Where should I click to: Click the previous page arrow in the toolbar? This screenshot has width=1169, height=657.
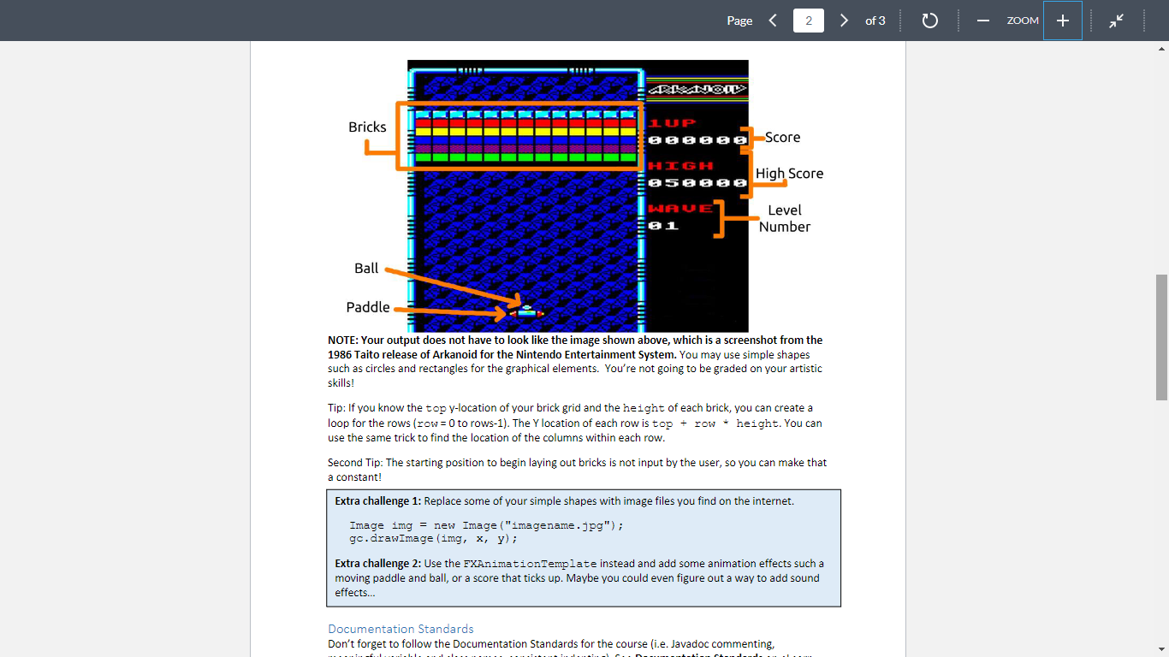(x=773, y=21)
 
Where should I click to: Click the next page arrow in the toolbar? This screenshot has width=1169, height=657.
(x=844, y=21)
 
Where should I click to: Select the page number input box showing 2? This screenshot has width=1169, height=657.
(x=808, y=21)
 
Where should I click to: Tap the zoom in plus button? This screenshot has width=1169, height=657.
(x=1063, y=21)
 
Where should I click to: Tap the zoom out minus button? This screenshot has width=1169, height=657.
(x=983, y=21)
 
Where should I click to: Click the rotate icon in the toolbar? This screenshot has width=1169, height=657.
(x=930, y=21)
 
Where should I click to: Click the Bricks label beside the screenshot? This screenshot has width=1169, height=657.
(x=367, y=127)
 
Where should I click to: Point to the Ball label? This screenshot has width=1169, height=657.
(x=366, y=269)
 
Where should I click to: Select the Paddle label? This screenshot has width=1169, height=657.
(x=368, y=307)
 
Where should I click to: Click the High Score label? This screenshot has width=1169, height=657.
(x=789, y=174)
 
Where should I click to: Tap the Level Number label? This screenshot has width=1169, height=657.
(x=785, y=218)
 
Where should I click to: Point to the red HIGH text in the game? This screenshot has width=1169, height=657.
(x=680, y=165)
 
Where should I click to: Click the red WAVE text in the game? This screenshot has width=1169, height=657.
(x=680, y=208)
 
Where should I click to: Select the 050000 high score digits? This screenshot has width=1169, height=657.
(x=697, y=182)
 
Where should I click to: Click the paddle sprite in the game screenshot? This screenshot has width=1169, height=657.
(x=526, y=314)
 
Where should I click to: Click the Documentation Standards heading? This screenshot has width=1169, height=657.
(x=401, y=629)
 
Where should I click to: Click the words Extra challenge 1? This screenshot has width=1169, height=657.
(x=377, y=501)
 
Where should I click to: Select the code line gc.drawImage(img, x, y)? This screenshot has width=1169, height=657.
(x=433, y=539)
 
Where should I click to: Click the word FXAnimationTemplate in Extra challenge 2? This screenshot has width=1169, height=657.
(x=530, y=564)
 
